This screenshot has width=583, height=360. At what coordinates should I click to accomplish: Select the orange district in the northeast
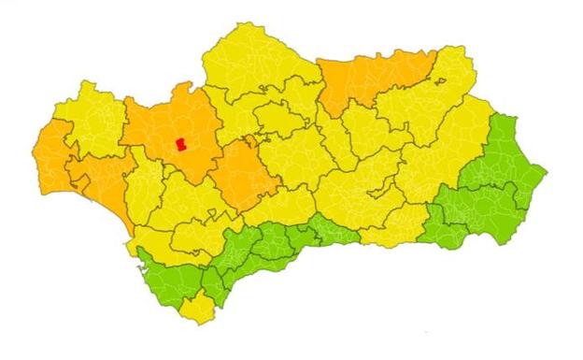click(369, 79)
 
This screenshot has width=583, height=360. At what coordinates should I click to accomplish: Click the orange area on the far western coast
click(51, 150)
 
